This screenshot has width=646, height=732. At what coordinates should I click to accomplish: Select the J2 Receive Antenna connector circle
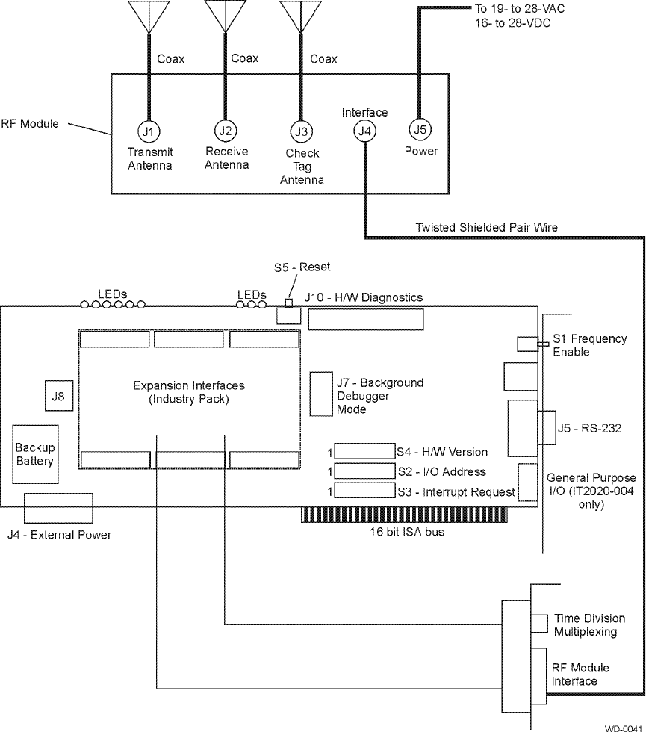click(225, 130)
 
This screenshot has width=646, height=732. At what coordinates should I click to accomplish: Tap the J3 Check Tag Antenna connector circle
click(301, 131)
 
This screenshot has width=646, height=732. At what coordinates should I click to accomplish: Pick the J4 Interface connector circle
click(364, 131)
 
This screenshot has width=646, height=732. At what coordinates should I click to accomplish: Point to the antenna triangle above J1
click(149, 15)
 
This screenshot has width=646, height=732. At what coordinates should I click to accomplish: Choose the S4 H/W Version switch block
click(364, 451)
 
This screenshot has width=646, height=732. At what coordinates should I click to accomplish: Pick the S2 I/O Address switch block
click(364, 471)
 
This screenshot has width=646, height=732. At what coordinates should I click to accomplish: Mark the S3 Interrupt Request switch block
click(364, 491)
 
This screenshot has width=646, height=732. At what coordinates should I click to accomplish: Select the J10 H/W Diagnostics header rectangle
click(365, 320)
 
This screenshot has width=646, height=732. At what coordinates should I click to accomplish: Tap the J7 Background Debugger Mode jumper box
click(321, 394)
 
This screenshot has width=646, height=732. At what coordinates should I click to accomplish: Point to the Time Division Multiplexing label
click(589, 625)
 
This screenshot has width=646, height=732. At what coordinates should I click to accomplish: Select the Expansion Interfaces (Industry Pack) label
click(188, 392)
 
